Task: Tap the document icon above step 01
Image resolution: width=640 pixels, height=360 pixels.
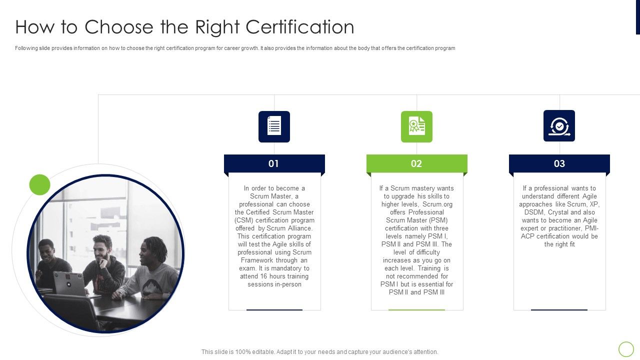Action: coord(274,126)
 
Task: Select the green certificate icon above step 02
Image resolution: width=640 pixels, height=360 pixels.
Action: coord(416,126)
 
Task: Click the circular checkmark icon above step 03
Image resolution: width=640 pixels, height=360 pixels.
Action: coord(559,126)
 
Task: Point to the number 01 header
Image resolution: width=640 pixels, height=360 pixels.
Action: coord(273,163)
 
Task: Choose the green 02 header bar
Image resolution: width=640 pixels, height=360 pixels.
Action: coord(416,163)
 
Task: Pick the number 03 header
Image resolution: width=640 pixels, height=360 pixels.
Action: coord(559,163)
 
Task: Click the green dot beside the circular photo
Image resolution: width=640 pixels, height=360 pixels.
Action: coord(40,184)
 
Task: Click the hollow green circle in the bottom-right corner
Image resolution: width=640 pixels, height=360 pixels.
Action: coord(626,349)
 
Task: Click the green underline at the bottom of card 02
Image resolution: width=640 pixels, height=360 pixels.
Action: coord(416,310)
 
